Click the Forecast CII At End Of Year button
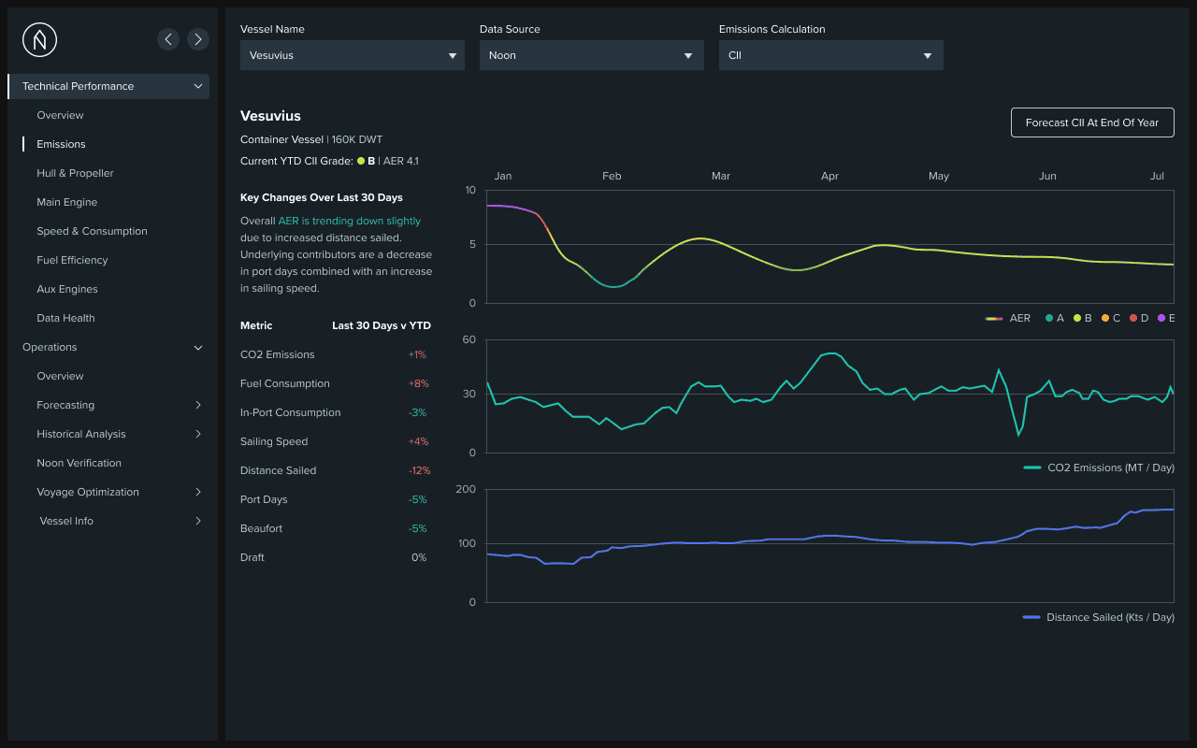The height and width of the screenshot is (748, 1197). click(x=1092, y=122)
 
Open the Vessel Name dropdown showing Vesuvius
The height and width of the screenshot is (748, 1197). click(x=352, y=55)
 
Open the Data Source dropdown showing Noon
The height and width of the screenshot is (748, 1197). click(x=591, y=55)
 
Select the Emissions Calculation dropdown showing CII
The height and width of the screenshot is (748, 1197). click(x=830, y=55)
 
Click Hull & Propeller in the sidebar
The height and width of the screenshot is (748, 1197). click(x=75, y=173)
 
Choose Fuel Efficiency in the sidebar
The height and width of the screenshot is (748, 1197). click(x=72, y=260)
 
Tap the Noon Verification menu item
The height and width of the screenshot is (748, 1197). click(x=79, y=463)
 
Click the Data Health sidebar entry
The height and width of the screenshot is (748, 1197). click(x=65, y=318)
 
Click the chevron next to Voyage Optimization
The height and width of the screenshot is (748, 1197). click(x=198, y=492)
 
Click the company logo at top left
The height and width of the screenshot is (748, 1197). click(x=39, y=39)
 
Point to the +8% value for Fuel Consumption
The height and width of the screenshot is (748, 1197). click(x=417, y=383)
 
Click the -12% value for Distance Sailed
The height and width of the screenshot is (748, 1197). click(x=419, y=470)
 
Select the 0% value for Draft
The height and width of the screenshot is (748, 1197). click(x=419, y=557)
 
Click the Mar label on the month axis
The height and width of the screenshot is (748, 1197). click(x=721, y=176)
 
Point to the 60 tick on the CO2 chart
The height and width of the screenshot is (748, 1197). click(x=469, y=339)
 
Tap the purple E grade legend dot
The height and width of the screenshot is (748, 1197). click(x=1161, y=318)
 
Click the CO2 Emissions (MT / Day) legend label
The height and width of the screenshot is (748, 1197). click(x=1110, y=467)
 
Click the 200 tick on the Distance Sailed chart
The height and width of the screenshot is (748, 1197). click(x=466, y=489)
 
